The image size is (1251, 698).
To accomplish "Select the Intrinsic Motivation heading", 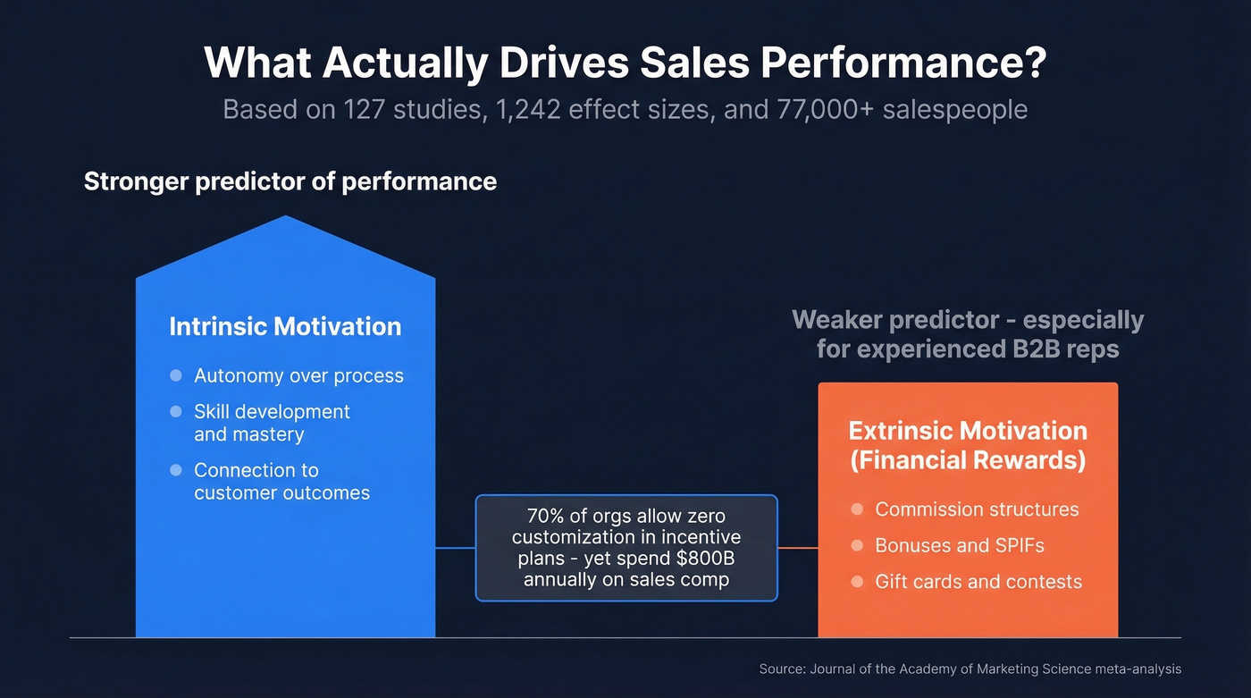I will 285,326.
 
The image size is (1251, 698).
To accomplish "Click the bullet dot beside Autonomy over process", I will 176,375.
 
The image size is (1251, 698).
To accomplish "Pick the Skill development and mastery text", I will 272,423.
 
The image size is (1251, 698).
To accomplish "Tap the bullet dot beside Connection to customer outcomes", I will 176,470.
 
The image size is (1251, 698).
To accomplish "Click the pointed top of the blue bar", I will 285,220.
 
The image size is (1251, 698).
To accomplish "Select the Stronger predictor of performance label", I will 290,181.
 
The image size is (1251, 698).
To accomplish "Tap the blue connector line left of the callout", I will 455,548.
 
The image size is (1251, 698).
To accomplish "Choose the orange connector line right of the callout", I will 798,548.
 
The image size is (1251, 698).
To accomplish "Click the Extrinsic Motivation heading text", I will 968,431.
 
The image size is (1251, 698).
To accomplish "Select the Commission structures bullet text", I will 977,509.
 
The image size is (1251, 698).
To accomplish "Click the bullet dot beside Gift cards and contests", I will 857,582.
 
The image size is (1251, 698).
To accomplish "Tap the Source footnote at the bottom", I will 970,669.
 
